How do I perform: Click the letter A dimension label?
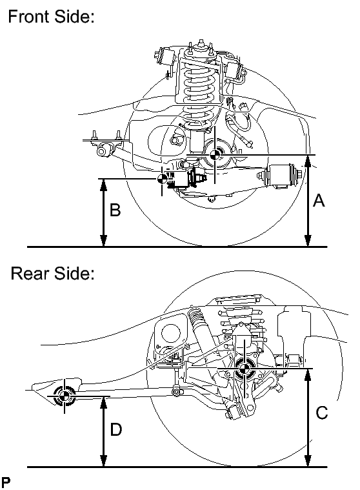(318, 201)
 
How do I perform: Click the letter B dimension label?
(115, 211)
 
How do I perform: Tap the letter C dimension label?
(322, 413)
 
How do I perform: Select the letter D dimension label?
(116, 429)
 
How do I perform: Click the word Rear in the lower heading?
(30, 274)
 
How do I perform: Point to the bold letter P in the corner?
(6, 482)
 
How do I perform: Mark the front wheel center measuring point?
(215, 155)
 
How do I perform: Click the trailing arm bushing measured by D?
(65, 397)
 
